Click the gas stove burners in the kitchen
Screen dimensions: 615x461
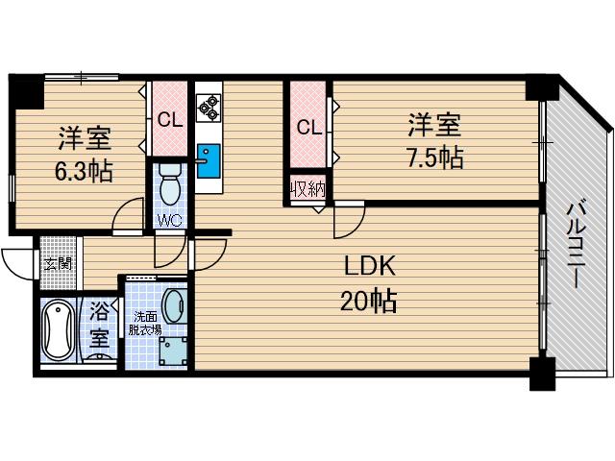coord(209,108)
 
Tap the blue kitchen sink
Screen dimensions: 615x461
coord(209,160)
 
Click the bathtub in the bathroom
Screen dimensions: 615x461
coord(59,330)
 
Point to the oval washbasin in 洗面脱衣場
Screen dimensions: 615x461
coord(175,306)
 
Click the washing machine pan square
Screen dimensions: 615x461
coord(173,352)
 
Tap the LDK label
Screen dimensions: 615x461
coord(369,266)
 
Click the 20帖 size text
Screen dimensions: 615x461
coord(369,301)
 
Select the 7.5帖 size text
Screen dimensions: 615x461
coord(435,157)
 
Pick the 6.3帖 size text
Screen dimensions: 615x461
coord(84,171)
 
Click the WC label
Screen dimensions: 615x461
coord(170,221)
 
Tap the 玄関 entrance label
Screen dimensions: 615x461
coord(58,264)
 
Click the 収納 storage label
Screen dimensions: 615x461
coord(307,190)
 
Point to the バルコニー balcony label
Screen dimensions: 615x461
coord(577,246)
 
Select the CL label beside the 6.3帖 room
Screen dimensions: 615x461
coord(170,120)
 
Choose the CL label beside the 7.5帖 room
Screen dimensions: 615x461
coord(309,127)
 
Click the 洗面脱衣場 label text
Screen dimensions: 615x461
coord(145,324)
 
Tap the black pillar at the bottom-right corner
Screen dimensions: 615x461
coord(542,374)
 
